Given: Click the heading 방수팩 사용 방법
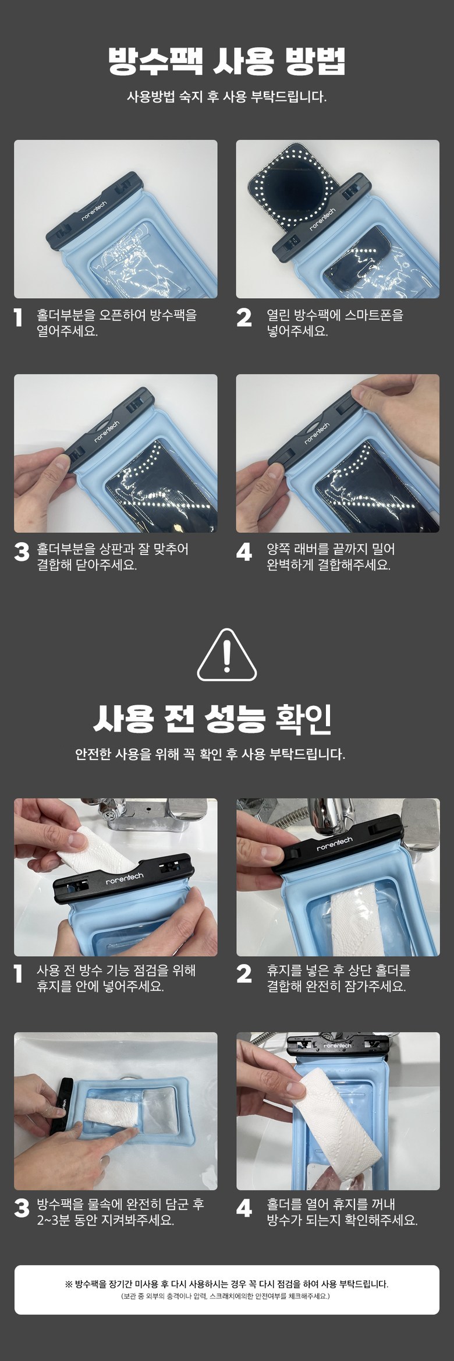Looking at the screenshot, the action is click(226, 60).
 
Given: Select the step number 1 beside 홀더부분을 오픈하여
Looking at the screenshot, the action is click(19, 317).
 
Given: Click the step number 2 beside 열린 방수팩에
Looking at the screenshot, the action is click(244, 317).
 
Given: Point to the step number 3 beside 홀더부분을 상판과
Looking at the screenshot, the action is click(22, 552).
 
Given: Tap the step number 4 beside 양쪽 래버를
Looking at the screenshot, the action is click(244, 552).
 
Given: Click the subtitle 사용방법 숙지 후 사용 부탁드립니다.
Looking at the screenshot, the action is click(227, 97).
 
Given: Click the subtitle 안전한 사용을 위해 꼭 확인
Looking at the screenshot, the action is click(210, 754).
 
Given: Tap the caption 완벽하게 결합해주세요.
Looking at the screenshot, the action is click(328, 564).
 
